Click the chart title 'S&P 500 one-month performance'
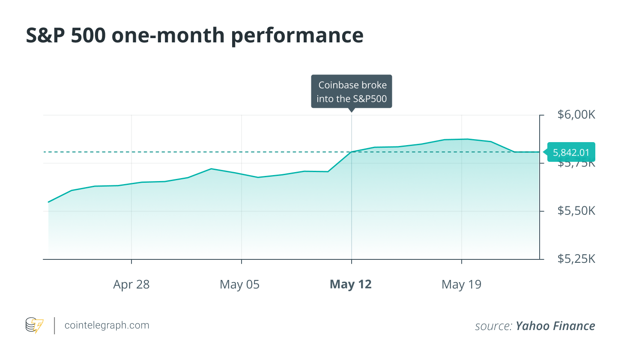tap(194, 35)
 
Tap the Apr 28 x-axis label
tap(131, 285)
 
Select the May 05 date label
tap(239, 285)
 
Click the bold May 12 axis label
tap(350, 285)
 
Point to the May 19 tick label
tap(461, 285)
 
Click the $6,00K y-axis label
tap(576, 115)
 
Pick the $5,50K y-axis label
tap(576, 211)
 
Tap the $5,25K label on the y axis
tap(576, 259)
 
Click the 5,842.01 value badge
tap(571, 152)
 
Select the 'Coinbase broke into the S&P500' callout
tap(352, 92)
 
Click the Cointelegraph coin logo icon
tap(34, 326)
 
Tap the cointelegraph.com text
tap(107, 325)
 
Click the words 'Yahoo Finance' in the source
tap(555, 326)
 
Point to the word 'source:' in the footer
tap(493, 326)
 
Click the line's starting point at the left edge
tap(48, 202)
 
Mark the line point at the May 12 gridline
tap(352, 152)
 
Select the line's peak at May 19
tap(467, 139)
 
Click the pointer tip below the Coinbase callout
tap(352, 111)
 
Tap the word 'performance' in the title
tap(297, 35)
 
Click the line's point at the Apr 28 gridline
tap(131, 184)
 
